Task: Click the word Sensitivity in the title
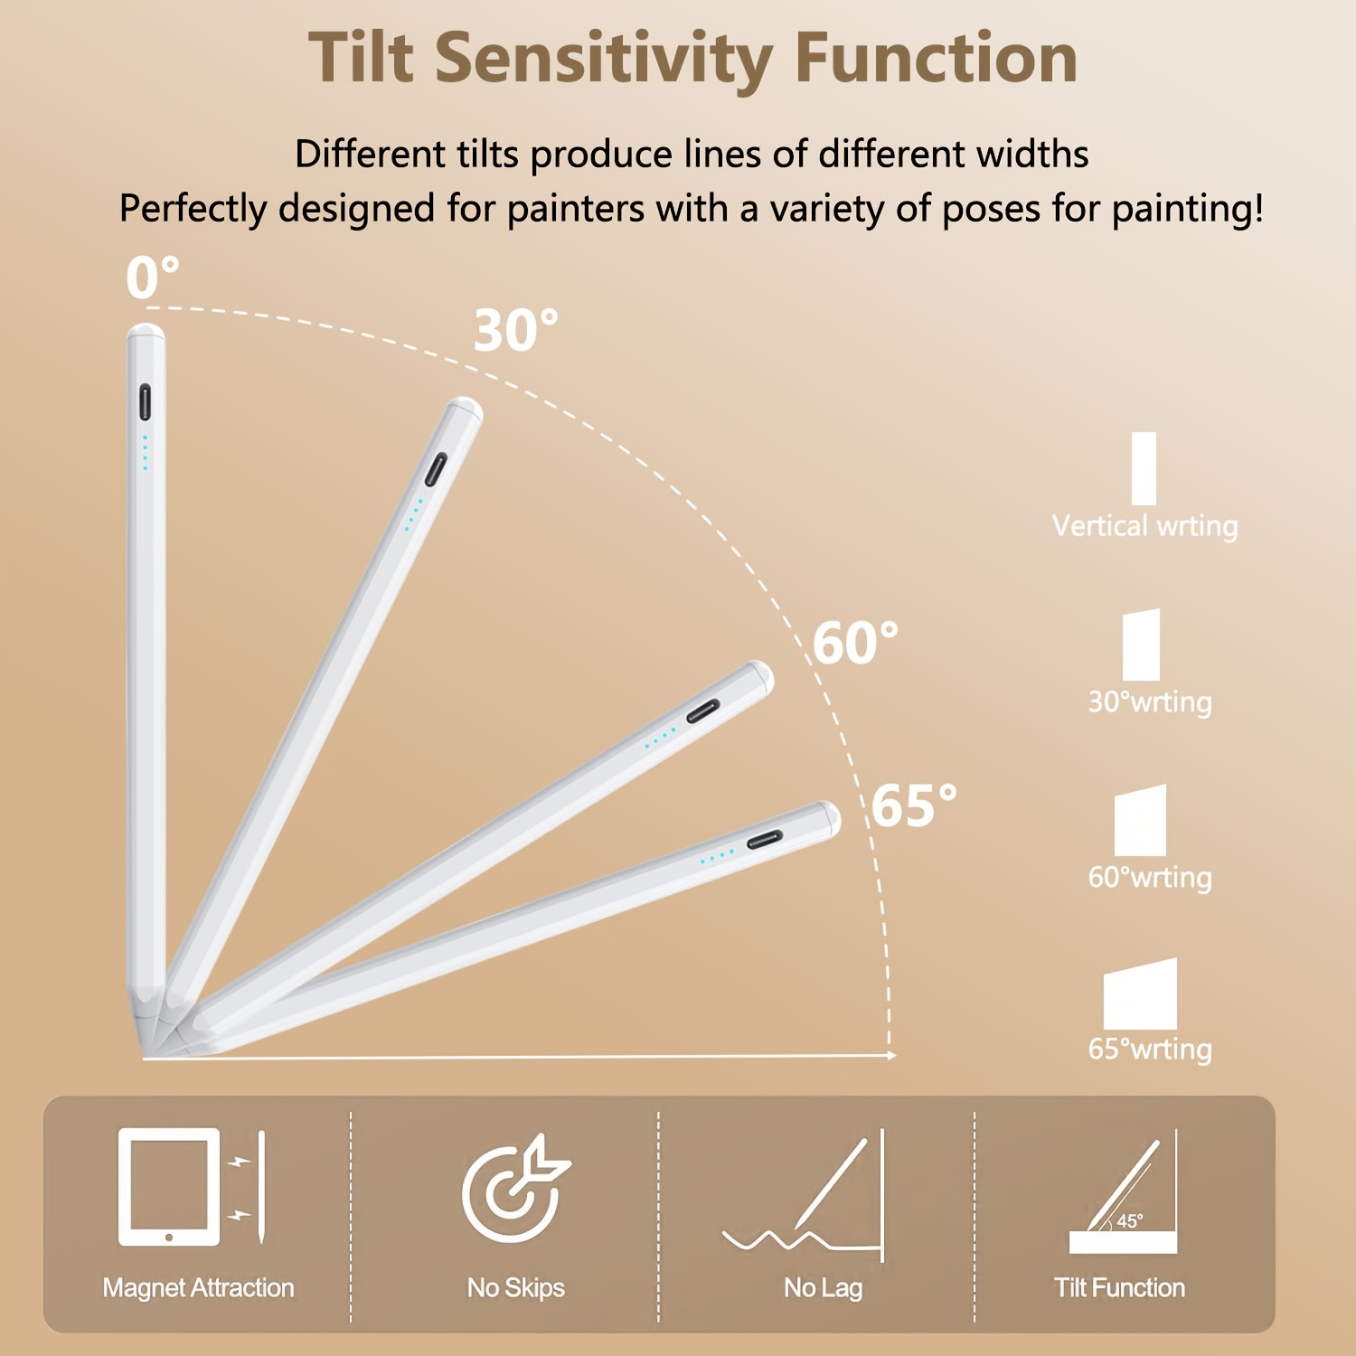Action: click(603, 59)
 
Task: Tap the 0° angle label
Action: click(152, 277)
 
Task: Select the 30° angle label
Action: click(515, 330)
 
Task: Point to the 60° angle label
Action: click(854, 643)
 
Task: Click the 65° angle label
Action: click(913, 805)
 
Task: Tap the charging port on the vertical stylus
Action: click(145, 402)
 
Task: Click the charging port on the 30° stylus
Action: click(437, 470)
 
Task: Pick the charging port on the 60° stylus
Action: click(703, 711)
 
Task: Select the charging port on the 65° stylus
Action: click(765, 840)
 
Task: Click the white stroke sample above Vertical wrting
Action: click(1144, 468)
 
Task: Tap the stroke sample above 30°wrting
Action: click(1141, 645)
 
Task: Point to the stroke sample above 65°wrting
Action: click(1140, 994)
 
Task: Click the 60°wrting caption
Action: click(1149, 877)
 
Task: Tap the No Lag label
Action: click(823, 1287)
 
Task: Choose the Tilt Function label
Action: click(1119, 1287)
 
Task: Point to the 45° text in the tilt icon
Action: click(1130, 1221)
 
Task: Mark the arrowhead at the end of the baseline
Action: click(891, 1055)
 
